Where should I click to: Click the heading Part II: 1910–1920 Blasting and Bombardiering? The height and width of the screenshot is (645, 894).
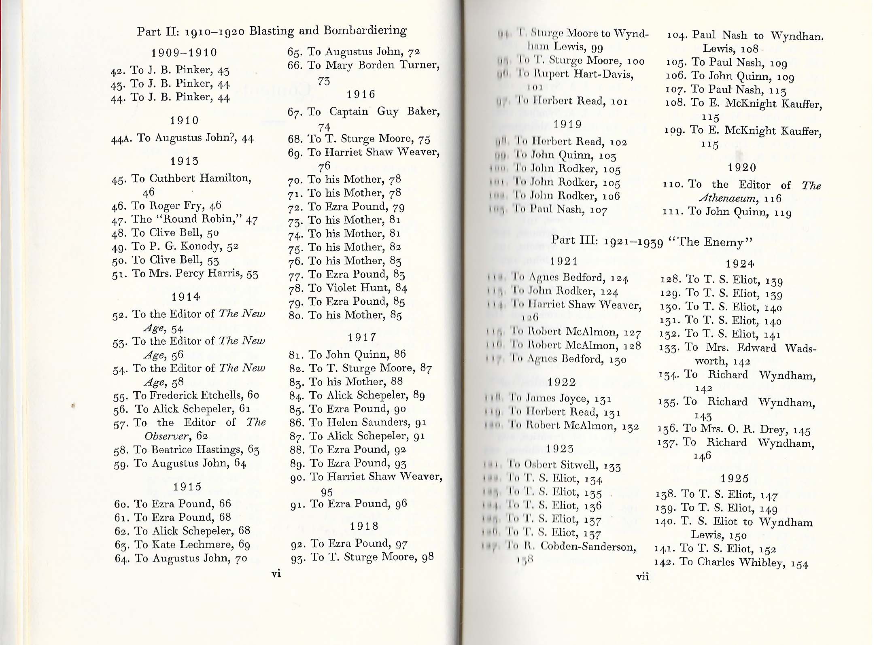tap(272, 31)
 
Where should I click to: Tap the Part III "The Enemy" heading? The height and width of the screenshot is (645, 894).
tap(652, 242)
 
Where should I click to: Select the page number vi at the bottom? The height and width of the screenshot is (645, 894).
tap(276, 573)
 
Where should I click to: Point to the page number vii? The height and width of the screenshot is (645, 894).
tap(642, 577)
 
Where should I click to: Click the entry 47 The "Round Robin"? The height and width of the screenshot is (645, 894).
tap(185, 219)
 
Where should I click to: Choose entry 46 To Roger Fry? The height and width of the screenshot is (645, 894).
tap(166, 206)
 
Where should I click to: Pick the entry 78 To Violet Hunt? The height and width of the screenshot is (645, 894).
tap(348, 288)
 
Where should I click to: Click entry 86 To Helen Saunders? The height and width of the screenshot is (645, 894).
tap(358, 422)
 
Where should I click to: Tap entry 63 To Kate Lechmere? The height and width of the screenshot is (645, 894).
tap(182, 545)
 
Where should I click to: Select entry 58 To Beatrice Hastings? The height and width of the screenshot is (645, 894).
tap(187, 450)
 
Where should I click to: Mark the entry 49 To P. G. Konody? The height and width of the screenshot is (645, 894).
tap(175, 246)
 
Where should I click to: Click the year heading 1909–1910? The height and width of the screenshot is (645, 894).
tap(184, 53)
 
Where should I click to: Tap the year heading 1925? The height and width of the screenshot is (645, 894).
tap(735, 479)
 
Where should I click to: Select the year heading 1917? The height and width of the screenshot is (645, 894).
tap(362, 337)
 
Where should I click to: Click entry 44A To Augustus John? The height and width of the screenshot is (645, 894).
tap(183, 138)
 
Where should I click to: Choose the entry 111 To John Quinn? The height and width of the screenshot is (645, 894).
tap(727, 212)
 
